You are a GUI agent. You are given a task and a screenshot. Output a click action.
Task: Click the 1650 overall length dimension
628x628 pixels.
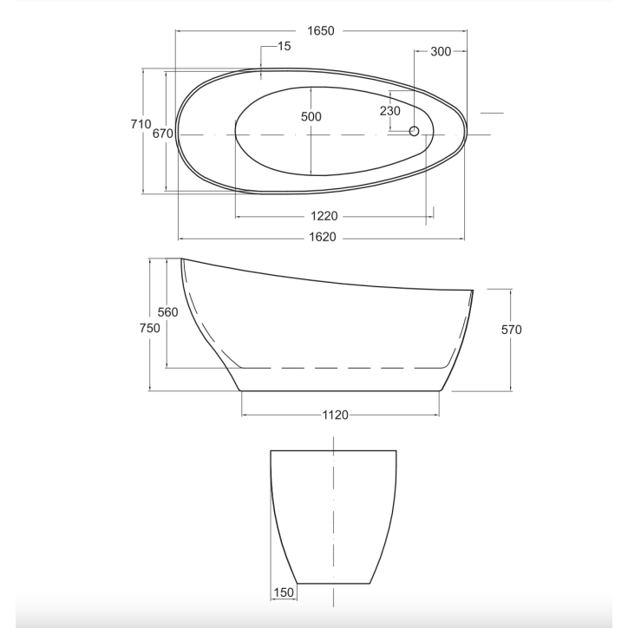pos(320,31)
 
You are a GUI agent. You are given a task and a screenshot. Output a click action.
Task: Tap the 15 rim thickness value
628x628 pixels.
pos(284,47)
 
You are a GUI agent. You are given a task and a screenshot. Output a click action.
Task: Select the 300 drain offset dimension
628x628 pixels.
pos(441,51)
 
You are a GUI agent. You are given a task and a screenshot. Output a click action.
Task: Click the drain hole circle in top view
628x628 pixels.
pos(414,131)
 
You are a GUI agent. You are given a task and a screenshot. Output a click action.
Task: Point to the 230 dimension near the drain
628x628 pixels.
pos(390,111)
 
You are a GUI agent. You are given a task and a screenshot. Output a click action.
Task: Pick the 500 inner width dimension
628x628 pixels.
pos(311,117)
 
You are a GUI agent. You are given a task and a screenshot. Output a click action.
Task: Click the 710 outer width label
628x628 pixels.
pos(141,124)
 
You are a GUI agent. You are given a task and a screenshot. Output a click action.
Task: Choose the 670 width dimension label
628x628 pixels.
pos(162,134)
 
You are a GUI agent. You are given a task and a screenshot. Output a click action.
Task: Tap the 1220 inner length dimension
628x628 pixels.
pos(324,216)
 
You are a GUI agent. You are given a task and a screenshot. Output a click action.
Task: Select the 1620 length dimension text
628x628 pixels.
pos(323,237)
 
